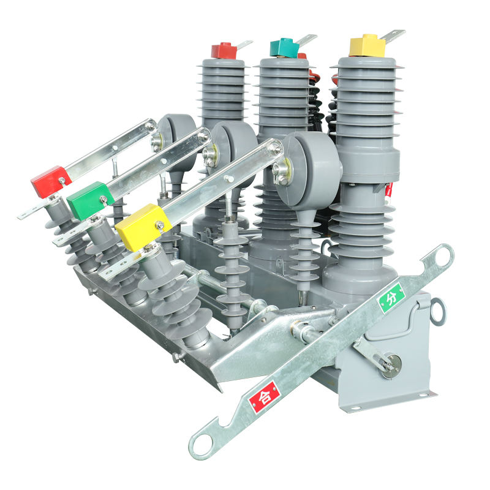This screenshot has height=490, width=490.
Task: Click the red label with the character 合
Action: (264, 397)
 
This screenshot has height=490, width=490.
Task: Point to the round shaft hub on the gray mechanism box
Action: (390, 364)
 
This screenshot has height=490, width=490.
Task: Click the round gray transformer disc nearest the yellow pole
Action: (309, 164)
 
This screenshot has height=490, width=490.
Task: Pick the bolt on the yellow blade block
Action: (159, 225)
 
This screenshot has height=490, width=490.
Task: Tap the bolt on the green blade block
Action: (104, 200)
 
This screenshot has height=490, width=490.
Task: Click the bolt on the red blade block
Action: (62, 180)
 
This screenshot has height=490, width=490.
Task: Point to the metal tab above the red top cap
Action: (244, 45)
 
